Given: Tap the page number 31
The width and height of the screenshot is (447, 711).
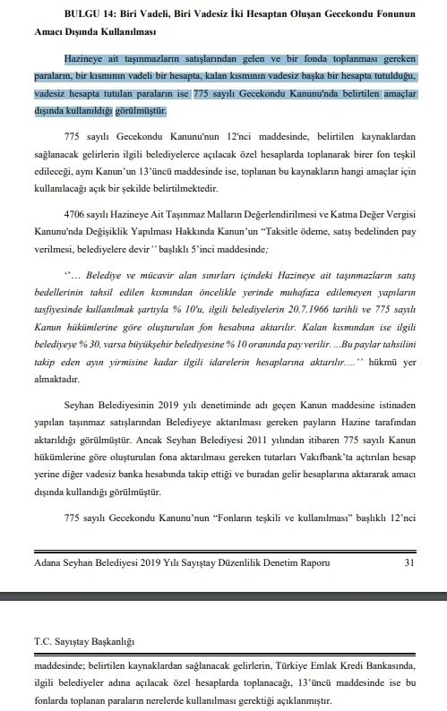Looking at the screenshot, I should [x=409, y=562].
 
